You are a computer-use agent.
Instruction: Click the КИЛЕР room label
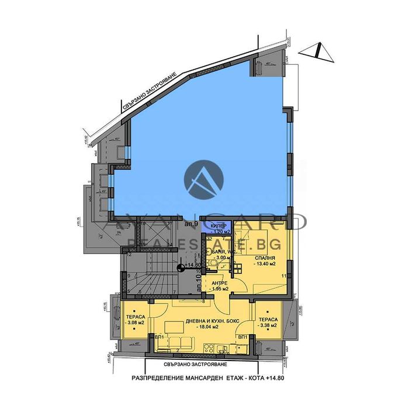pos(217,225)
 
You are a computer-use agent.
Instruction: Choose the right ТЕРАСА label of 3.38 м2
pos(267,321)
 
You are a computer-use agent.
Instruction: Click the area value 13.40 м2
pos(264,263)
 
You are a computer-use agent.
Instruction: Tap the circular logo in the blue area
pos(204,178)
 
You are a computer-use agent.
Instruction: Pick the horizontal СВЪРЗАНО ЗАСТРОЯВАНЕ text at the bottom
pos(203,363)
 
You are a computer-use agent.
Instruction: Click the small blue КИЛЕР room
pos(217,228)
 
